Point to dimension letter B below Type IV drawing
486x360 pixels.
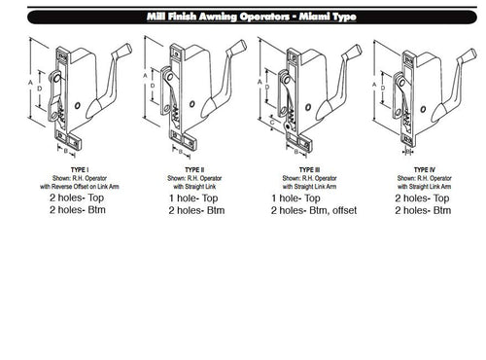pyautogui.click(x=407, y=151)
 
